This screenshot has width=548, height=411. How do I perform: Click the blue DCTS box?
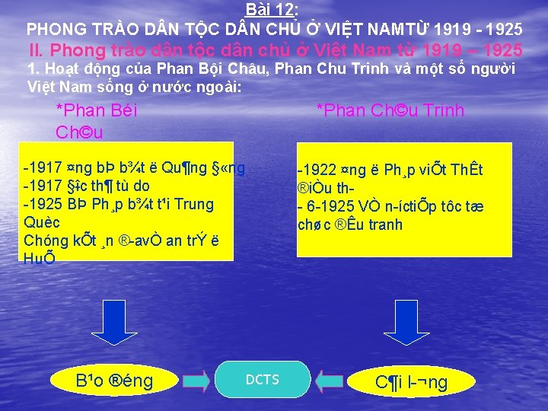coord(263,380)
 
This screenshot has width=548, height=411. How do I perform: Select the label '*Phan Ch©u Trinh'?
coord(390,111)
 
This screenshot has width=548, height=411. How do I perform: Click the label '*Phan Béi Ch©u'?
coord(97,121)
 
